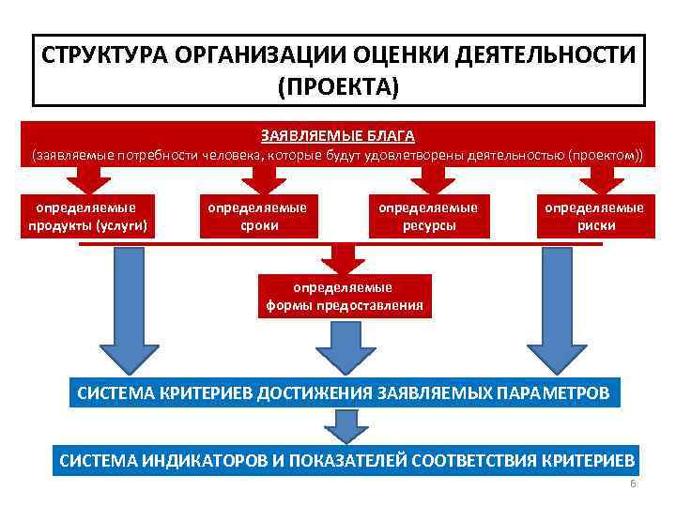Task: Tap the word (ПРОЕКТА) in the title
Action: (338, 87)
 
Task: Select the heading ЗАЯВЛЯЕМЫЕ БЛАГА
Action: (337, 137)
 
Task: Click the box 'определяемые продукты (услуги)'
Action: (85, 216)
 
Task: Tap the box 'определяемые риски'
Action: (594, 216)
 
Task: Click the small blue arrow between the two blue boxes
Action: (346, 427)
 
